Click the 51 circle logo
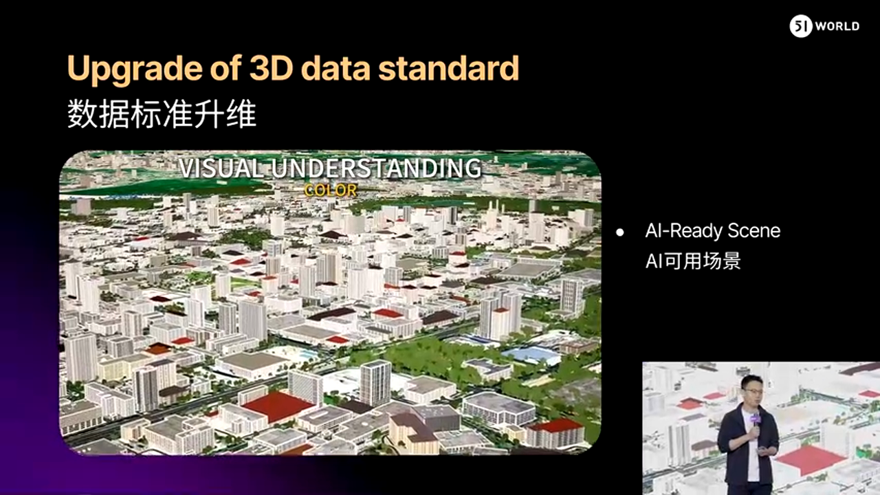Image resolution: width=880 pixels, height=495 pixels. (801, 26)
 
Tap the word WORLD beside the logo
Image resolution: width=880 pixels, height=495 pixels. (837, 26)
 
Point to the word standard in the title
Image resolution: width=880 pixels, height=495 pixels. (449, 68)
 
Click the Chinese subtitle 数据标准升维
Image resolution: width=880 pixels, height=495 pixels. (162, 114)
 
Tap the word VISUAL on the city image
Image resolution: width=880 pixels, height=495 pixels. (221, 168)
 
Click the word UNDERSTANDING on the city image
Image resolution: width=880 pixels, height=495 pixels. (376, 168)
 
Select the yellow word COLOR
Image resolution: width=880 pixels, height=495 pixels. (331, 190)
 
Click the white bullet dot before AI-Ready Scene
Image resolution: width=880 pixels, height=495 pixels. (620, 232)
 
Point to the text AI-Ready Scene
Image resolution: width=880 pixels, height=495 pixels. (713, 230)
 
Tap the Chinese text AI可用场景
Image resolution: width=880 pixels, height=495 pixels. (693, 261)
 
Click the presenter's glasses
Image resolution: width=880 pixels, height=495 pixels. (752, 390)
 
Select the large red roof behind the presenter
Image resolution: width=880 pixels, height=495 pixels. (810, 461)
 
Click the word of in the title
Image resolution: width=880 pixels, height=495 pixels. (225, 68)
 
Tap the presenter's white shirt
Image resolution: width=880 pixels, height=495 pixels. (752, 448)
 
